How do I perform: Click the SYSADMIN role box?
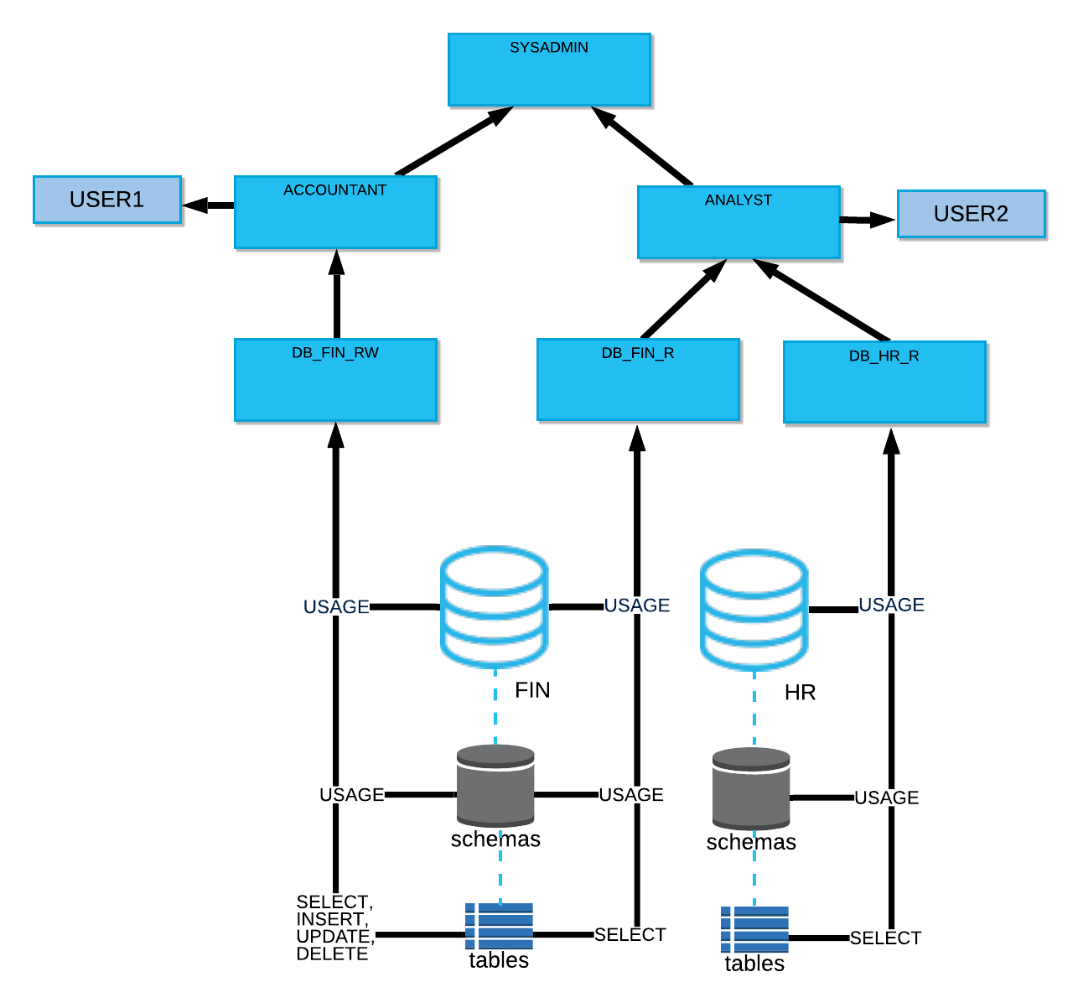550,70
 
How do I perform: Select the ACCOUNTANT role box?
336,213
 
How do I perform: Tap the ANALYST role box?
739,223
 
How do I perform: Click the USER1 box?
107,200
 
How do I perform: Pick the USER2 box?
972,214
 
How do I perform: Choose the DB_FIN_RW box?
336,380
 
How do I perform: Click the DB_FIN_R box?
639,380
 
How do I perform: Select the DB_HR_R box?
885,382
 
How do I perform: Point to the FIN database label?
532,690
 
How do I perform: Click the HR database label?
800,693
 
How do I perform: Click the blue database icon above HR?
754,610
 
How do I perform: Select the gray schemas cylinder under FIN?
496,786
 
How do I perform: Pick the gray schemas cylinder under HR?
751,788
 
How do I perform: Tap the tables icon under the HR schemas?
754,929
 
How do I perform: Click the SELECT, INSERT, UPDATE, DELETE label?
334,928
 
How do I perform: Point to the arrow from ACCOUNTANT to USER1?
208,205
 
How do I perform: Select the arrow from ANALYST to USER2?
868,220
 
